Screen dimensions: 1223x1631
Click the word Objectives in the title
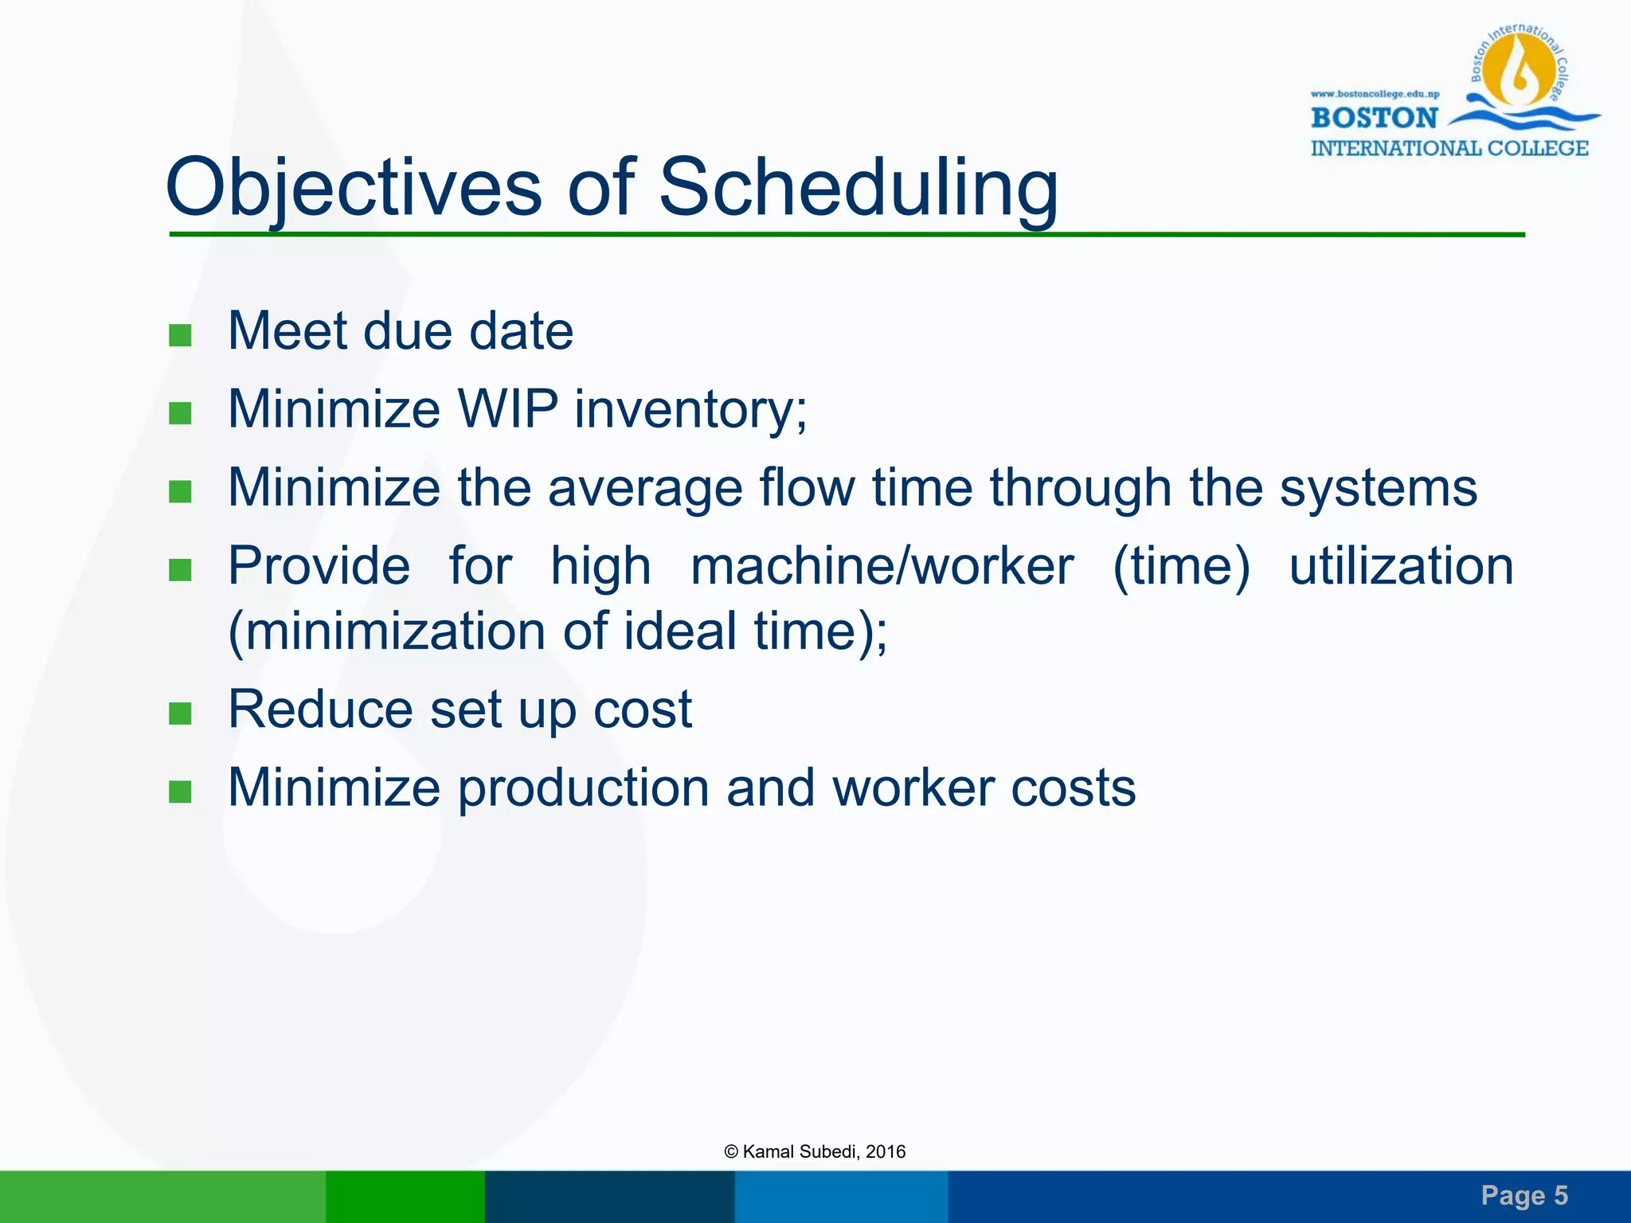click(x=353, y=188)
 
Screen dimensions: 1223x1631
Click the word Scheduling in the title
click(x=858, y=188)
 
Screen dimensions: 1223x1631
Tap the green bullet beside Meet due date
click(x=181, y=334)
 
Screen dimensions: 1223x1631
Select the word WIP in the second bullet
click(x=507, y=409)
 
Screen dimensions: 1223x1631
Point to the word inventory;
click(x=690, y=409)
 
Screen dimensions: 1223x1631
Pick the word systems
click(x=1378, y=487)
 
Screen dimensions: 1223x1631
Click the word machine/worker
click(x=882, y=566)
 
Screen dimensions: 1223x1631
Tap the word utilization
click(x=1401, y=566)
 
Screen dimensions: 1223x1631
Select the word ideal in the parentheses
click(x=679, y=631)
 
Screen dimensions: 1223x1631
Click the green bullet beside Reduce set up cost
click(x=181, y=713)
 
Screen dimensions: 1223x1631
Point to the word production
click(x=583, y=788)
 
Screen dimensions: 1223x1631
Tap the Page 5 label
click(x=1523, y=1195)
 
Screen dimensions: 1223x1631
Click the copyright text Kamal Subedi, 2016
click(x=815, y=1151)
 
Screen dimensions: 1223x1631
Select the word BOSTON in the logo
click(x=1374, y=118)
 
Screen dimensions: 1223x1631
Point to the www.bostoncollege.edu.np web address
click(x=1375, y=94)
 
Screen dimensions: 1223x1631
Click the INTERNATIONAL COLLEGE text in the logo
click(x=1449, y=148)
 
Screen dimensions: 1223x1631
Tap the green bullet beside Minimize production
click(x=181, y=791)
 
